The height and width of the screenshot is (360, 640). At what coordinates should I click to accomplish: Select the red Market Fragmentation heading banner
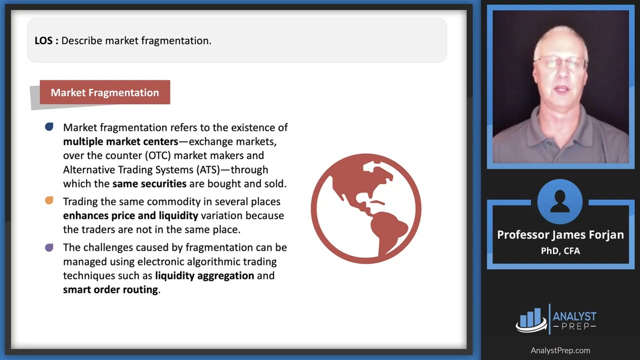click(105, 92)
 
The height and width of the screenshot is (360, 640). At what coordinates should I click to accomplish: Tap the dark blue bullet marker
click(49, 127)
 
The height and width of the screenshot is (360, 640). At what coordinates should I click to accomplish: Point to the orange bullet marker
click(49, 201)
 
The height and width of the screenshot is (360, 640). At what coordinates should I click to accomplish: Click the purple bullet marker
click(49, 247)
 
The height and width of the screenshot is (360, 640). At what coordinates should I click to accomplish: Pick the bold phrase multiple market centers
click(120, 141)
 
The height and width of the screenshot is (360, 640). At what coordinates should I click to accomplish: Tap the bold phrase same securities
click(149, 183)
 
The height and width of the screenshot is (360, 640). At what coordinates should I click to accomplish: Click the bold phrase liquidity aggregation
click(204, 275)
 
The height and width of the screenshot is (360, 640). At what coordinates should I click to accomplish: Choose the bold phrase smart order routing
click(110, 289)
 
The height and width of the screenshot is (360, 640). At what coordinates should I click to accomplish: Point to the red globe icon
click(366, 208)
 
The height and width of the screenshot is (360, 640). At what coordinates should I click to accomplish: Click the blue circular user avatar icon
click(560, 201)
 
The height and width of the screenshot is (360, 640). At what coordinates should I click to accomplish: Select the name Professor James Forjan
click(560, 234)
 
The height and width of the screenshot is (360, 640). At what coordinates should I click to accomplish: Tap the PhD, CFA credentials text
click(560, 250)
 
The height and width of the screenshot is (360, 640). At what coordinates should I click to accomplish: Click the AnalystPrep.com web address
click(560, 350)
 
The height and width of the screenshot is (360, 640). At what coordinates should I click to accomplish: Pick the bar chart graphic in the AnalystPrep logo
click(530, 319)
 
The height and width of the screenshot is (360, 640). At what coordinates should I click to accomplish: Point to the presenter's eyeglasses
click(560, 63)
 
